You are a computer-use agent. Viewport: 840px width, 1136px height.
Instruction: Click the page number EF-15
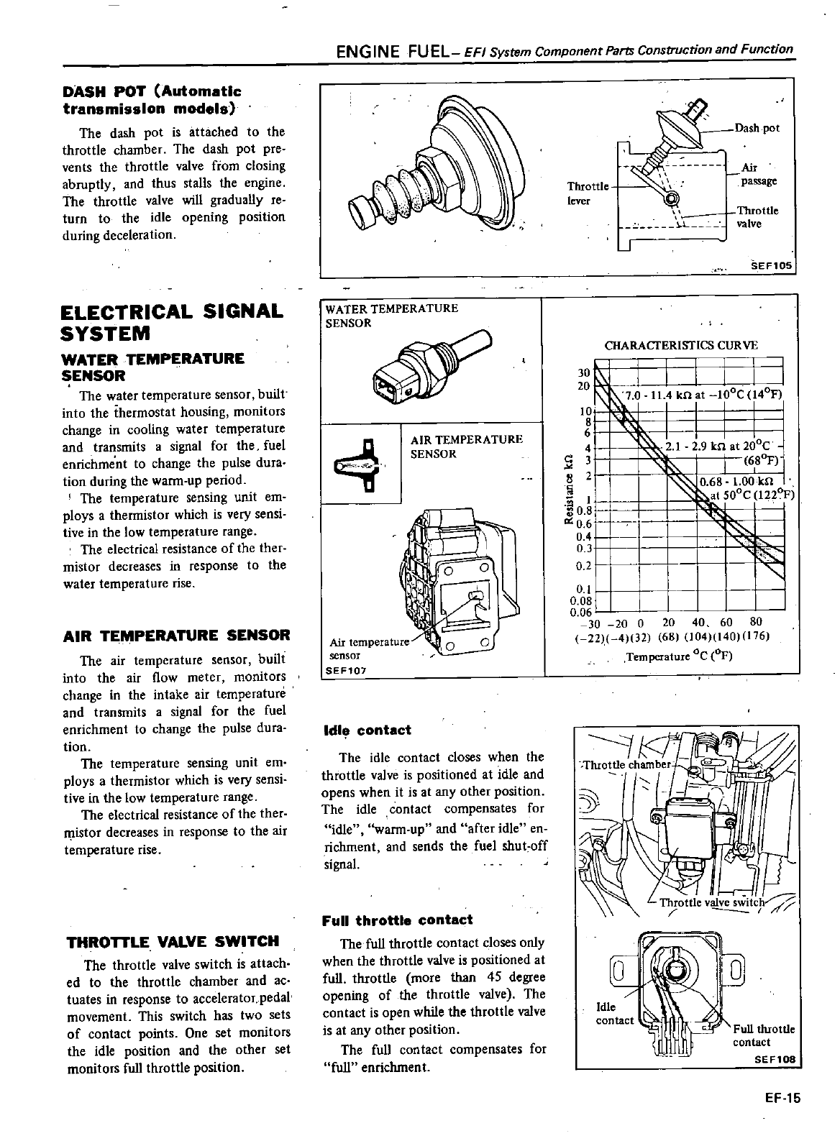[782, 1098]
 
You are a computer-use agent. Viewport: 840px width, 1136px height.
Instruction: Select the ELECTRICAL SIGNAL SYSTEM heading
[173, 323]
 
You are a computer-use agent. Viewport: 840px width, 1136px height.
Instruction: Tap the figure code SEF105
[771, 266]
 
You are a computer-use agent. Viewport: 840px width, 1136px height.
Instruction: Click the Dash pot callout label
[757, 129]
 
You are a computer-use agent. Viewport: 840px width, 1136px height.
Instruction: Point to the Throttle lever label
[588, 193]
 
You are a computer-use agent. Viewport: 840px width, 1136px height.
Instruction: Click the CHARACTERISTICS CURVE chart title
[681, 345]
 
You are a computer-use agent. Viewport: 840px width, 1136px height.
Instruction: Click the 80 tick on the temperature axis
[755, 622]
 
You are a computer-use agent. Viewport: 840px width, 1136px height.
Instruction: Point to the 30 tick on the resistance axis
[584, 372]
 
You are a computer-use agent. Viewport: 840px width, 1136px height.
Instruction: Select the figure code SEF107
[347, 669]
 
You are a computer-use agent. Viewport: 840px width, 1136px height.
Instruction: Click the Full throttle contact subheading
[398, 920]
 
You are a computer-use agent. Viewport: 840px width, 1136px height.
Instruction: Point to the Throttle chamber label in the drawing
[626, 764]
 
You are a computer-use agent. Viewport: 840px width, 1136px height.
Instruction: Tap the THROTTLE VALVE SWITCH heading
[172, 942]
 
